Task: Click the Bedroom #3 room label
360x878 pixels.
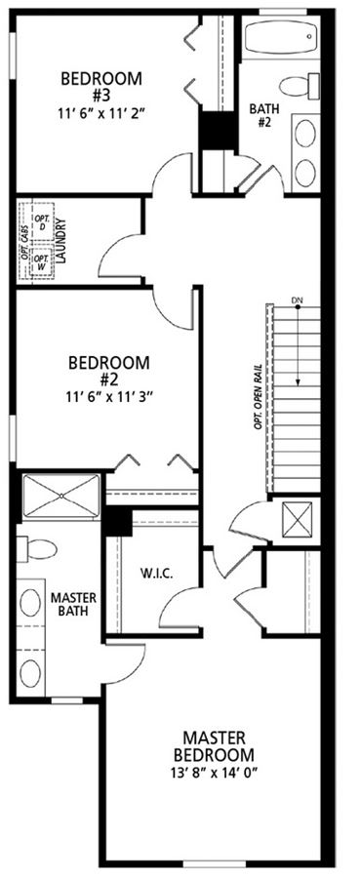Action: tap(100, 86)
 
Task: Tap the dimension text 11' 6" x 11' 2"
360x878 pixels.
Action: tap(100, 112)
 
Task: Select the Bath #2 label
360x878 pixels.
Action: tap(264, 114)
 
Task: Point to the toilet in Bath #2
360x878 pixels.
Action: tap(300, 86)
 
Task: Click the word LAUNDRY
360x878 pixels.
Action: tap(61, 241)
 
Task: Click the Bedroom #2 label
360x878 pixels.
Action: tap(109, 371)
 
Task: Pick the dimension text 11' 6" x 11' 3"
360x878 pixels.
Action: tap(109, 396)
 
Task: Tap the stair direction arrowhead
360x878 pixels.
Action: tap(298, 381)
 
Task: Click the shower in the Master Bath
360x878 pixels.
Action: tap(61, 496)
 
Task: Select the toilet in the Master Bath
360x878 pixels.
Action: tap(36, 548)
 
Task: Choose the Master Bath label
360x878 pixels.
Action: tap(73, 604)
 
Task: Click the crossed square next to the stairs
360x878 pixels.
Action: tap(298, 520)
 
